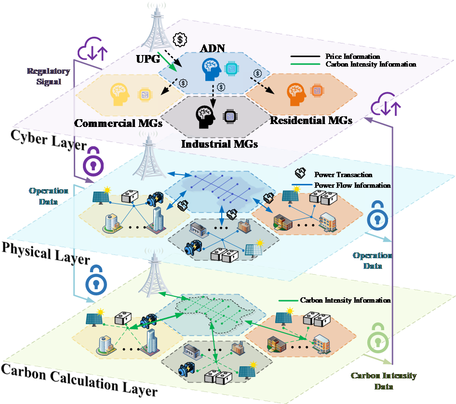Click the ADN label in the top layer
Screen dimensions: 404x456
(212, 48)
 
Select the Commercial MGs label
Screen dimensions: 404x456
(118, 124)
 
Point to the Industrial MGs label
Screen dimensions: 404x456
(219, 144)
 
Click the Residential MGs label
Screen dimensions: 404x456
(310, 120)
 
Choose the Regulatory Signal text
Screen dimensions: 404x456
(48, 76)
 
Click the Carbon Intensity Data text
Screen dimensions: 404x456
(383, 381)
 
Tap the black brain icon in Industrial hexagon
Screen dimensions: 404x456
(205, 116)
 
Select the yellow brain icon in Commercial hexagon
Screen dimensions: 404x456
(120, 94)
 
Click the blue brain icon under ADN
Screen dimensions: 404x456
(212, 70)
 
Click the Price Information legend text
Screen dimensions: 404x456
(352, 56)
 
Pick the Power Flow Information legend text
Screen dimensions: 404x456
(352, 185)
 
